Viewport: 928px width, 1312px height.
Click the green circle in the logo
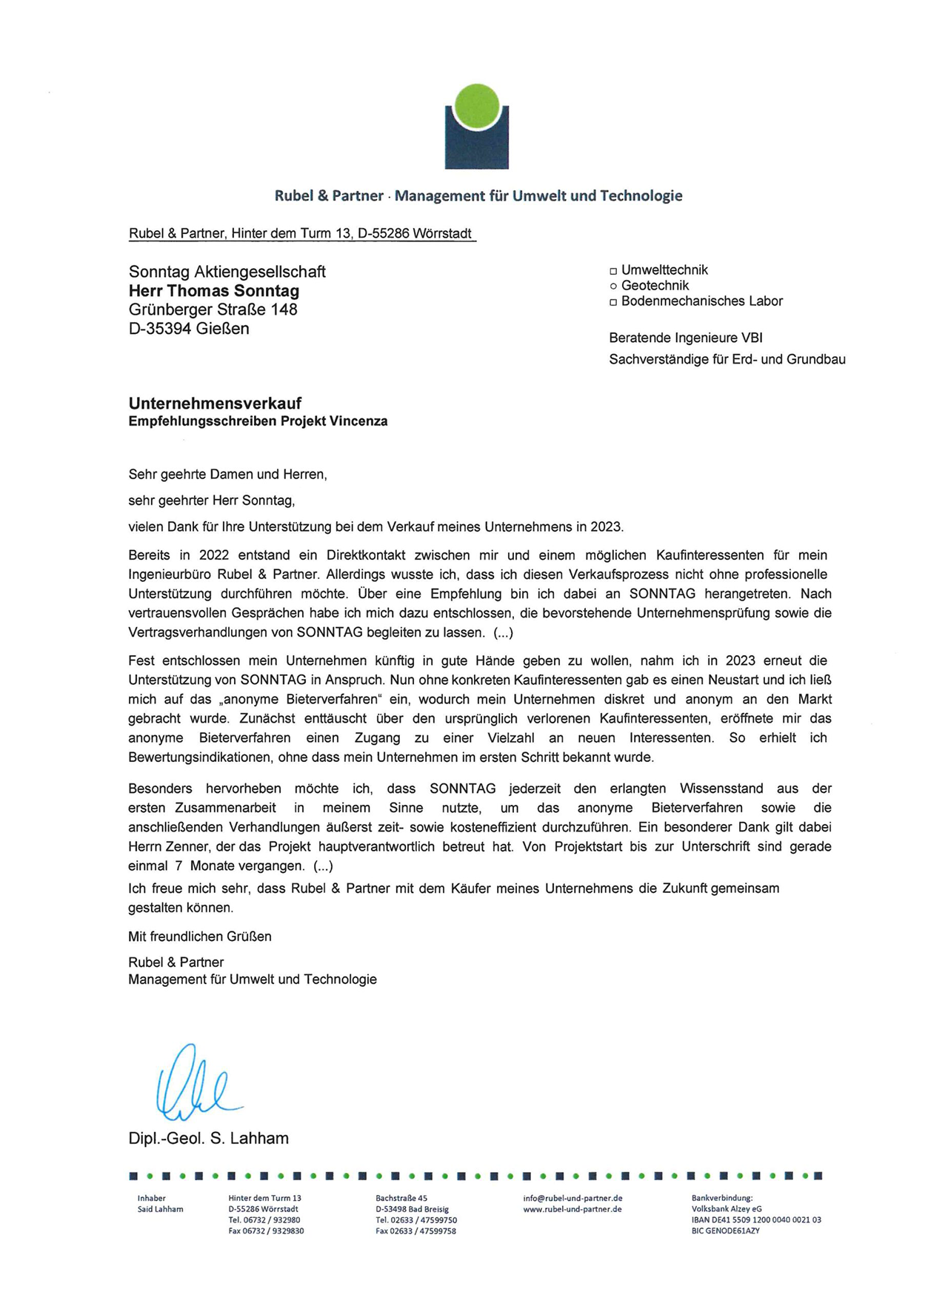coord(476,107)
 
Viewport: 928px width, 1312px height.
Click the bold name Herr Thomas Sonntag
coord(214,291)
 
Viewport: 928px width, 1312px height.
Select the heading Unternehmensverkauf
coord(215,404)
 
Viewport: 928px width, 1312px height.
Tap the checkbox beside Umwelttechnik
coord(613,271)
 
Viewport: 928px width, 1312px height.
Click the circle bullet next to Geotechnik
coord(613,287)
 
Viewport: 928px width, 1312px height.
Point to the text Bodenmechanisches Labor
coord(701,301)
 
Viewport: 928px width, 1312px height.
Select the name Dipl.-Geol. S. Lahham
coord(208,1138)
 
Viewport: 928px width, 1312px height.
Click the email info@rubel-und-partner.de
coord(573,1198)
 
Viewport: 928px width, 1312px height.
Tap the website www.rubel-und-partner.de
coord(573,1209)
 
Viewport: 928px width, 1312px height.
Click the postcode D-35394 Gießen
coord(189,329)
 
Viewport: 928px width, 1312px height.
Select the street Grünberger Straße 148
coord(213,309)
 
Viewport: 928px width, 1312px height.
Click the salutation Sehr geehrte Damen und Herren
coord(227,475)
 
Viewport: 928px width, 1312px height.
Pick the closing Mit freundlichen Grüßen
coord(200,937)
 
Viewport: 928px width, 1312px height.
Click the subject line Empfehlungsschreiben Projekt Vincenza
coord(258,422)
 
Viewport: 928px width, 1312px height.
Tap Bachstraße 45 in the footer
coord(401,1198)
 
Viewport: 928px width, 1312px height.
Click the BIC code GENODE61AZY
coord(725,1231)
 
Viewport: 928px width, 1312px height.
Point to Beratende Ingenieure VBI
coord(685,338)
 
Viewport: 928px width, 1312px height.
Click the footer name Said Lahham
coord(160,1209)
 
